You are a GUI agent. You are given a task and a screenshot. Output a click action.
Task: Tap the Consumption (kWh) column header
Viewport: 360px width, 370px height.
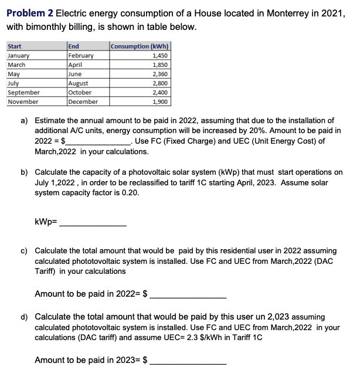[x=140, y=47]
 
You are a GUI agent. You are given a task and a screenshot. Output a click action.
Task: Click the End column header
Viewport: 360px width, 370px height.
[x=74, y=47]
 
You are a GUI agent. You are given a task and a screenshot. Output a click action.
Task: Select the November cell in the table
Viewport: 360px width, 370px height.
[x=23, y=101]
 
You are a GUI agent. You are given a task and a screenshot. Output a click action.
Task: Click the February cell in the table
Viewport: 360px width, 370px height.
[x=81, y=56]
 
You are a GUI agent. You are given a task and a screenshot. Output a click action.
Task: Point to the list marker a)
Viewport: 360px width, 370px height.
[x=25, y=120]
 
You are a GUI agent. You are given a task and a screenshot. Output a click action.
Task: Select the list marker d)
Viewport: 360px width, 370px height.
[x=25, y=317]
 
